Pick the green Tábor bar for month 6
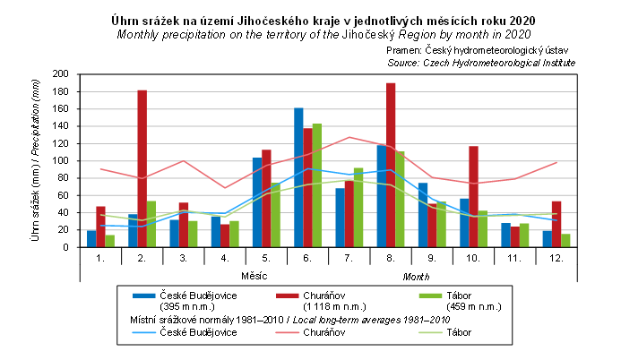pos(316,184)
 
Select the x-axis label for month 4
pos(225,257)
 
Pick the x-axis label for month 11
pos(514,257)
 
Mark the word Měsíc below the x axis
pos(255,274)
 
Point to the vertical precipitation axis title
pos(35,161)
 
